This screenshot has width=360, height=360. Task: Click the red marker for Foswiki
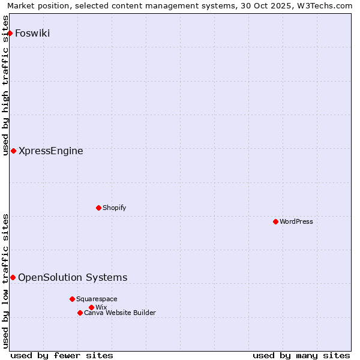[10, 33]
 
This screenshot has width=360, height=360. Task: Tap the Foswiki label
[32, 33]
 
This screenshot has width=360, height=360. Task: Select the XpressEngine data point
[13, 151]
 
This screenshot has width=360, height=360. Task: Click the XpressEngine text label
[51, 151]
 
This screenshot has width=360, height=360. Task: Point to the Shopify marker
[98, 208]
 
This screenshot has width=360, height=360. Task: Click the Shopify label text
[114, 208]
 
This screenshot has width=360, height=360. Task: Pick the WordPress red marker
[275, 221]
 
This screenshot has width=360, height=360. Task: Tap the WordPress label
[296, 221]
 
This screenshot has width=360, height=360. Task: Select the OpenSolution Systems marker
[13, 277]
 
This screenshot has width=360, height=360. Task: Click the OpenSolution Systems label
[73, 277]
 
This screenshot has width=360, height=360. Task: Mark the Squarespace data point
[72, 299]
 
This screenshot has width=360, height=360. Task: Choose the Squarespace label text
[97, 299]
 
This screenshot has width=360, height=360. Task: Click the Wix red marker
[91, 307]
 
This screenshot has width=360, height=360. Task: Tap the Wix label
[101, 307]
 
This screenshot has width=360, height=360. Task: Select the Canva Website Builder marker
[80, 313]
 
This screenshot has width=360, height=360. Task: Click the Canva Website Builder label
[120, 313]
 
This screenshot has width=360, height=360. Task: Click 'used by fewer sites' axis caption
[62, 355]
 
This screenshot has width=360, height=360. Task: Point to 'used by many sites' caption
[301, 355]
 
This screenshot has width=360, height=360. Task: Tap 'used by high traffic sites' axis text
[5, 85]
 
